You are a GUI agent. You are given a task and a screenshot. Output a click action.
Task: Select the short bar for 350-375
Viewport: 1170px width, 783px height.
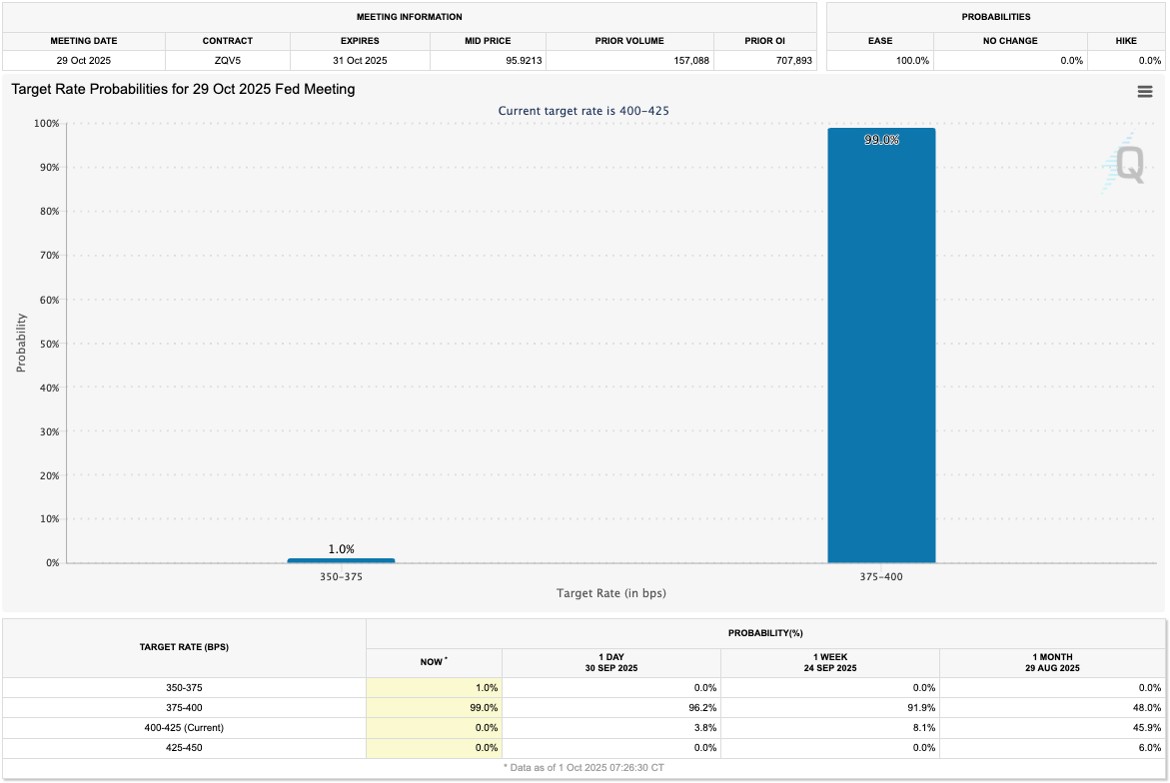coord(341,560)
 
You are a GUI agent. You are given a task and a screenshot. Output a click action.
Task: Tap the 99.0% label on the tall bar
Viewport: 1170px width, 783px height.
coord(881,140)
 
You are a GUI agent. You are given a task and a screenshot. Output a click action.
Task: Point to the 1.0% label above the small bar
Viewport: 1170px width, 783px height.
coord(341,549)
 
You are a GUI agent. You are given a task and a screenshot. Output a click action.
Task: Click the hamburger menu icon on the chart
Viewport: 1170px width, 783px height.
coord(1145,92)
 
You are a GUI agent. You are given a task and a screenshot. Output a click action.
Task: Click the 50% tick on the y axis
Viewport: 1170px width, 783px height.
coord(48,344)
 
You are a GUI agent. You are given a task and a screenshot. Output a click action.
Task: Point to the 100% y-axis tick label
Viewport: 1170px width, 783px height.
coord(46,124)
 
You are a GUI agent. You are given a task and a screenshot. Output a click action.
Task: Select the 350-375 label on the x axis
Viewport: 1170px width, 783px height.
coord(341,576)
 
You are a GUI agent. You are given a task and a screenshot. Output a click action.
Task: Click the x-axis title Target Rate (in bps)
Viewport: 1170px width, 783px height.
coord(610,593)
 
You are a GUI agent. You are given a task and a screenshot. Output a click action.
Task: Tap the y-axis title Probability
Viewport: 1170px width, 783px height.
coord(21,344)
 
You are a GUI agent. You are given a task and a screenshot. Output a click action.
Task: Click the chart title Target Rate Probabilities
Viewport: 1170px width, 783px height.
coord(183,89)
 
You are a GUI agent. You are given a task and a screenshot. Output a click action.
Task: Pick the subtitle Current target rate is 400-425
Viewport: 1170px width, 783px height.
coord(584,111)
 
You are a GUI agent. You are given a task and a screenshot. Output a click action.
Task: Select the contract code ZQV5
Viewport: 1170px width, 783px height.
coord(228,60)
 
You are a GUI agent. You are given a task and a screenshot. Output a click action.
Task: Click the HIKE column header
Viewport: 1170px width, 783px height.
coord(1126,41)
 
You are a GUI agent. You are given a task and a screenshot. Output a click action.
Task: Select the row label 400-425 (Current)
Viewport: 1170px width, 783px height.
coord(184,727)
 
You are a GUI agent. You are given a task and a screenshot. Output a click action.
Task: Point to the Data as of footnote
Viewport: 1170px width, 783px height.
coord(584,767)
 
